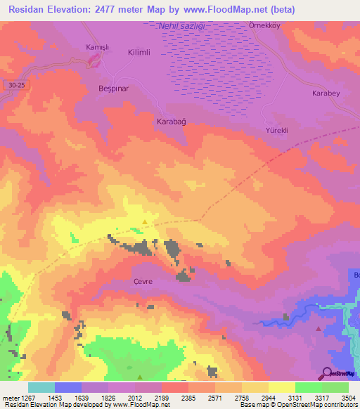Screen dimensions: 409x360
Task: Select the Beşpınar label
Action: tap(113, 92)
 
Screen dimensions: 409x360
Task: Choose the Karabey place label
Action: tap(326, 93)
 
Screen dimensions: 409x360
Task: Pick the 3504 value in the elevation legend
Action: tap(348, 397)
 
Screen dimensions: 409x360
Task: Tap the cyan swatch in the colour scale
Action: tap(41, 387)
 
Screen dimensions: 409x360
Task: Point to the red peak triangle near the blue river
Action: tap(319, 328)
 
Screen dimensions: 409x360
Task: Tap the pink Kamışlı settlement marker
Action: tap(93, 62)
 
